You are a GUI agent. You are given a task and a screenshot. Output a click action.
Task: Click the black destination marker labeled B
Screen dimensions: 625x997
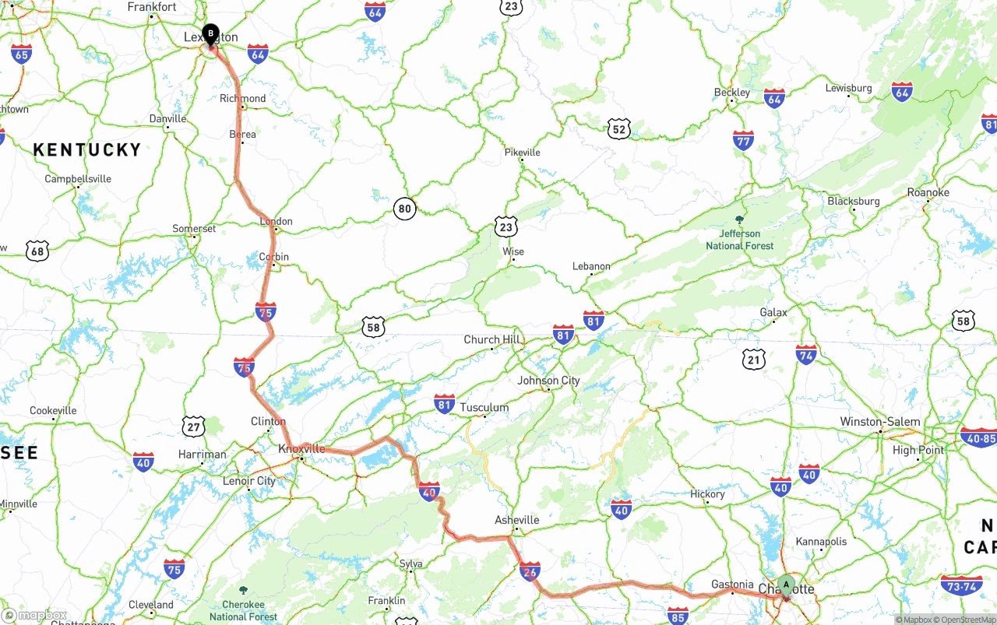point(210,33)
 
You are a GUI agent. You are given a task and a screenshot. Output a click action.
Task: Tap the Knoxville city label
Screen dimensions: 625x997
point(301,449)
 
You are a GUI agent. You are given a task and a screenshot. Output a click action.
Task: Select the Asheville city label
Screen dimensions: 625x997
point(517,520)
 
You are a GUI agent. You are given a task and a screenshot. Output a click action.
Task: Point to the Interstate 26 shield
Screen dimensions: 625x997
point(530,571)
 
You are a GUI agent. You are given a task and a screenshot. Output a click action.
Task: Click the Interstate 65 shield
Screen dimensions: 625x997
point(21,54)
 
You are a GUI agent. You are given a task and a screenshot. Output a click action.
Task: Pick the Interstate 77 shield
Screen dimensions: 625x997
point(743,140)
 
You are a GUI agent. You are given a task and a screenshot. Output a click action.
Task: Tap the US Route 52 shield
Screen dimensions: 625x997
point(619,129)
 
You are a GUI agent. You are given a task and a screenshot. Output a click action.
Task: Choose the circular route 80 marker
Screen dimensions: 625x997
point(404,209)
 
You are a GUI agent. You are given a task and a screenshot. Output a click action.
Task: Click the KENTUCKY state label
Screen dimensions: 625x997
point(87,150)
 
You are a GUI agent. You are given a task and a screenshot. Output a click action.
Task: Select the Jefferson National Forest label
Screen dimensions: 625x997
point(740,239)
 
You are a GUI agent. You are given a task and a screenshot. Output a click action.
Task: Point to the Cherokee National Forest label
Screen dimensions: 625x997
point(243,610)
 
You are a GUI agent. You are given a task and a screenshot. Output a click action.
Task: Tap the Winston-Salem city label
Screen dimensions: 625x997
point(879,422)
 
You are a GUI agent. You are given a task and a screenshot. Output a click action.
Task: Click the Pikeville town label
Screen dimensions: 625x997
point(522,153)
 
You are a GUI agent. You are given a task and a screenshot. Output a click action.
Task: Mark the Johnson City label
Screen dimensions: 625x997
point(548,381)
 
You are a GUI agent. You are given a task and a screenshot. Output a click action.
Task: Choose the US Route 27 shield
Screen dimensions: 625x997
point(194,426)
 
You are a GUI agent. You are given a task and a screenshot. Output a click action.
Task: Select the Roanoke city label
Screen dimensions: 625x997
point(928,192)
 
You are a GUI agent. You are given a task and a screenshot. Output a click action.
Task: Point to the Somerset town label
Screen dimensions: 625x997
point(194,229)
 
